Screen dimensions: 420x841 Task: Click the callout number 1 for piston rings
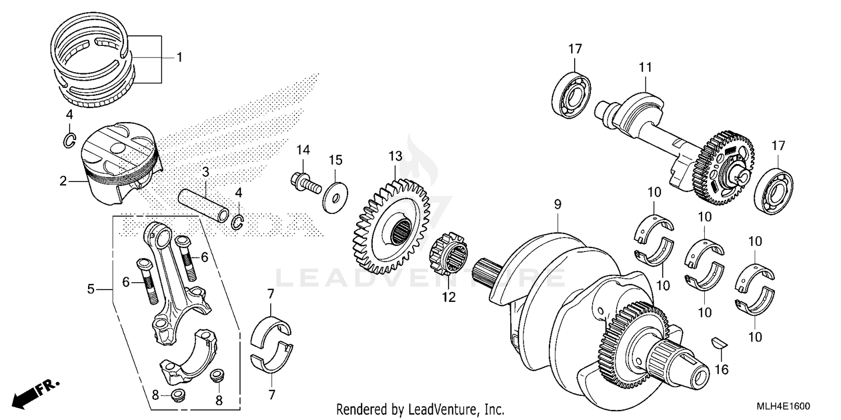(x=179, y=57)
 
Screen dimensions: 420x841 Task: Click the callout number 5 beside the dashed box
(x=90, y=289)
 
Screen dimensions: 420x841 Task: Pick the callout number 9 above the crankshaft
(x=557, y=206)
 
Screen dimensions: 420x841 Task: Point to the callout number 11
(x=645, y=67)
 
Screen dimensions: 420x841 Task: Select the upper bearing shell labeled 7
(x=271, y=330)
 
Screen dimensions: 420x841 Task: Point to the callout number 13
(x=395, y=155)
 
